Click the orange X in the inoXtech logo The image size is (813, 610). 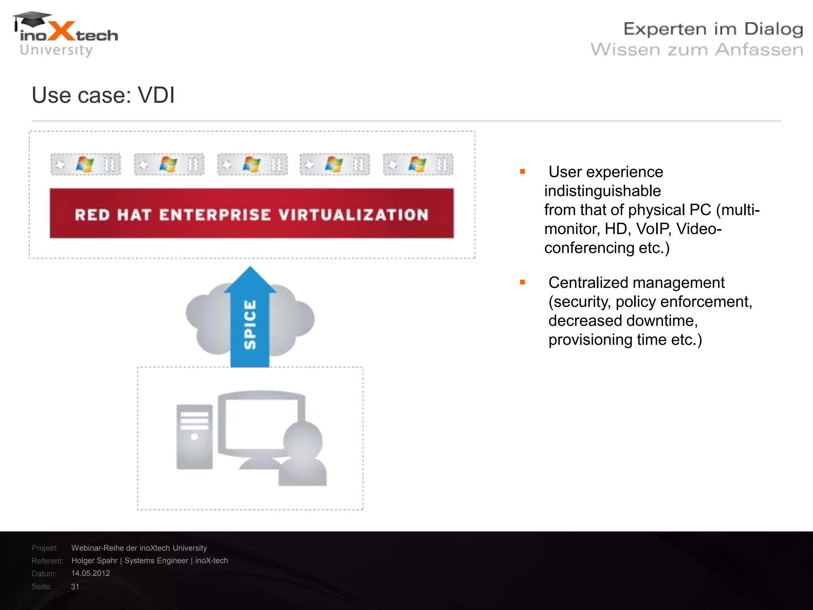(x=62, y=31)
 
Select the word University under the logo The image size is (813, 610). (x=56, y=50)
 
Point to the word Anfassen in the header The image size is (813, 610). (x=759, y=50)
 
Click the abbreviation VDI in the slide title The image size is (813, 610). (x=156, y=95)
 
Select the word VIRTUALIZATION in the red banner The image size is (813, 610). (x=353, y=215)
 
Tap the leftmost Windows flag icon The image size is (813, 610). (x=85, y=164)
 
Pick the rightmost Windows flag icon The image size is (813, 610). (x=418, y=164)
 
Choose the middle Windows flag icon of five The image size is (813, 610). (x=252, y=164)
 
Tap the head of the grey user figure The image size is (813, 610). (x=303, y=441)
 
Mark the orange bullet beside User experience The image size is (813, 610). (x=522, y=172)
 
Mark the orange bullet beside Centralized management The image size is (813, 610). (x=522, y=282)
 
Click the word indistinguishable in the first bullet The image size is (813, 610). (x=602, y=191)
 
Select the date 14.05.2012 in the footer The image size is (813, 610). (x=91, y=573)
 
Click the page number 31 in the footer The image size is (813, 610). (x=75, y=587)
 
